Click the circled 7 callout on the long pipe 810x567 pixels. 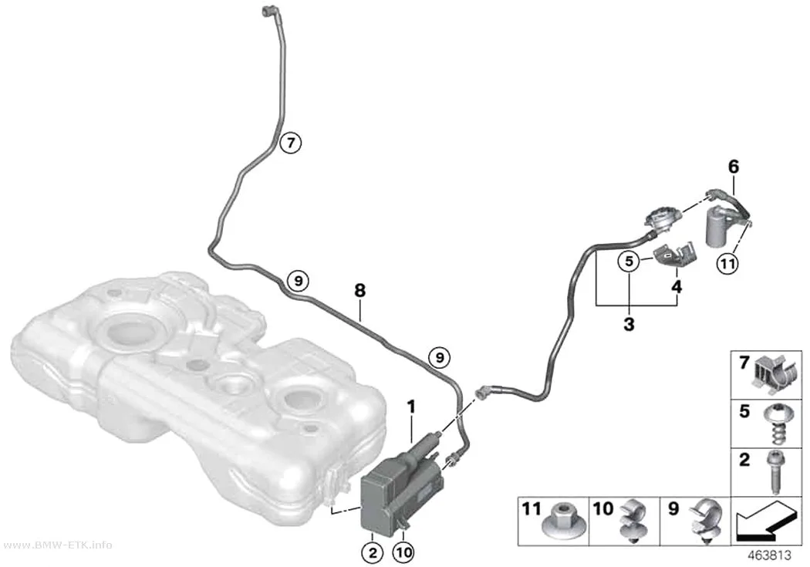pyautogui.click(x=290, y=142)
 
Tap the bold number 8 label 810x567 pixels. pyautogui.click(x=360, y=291)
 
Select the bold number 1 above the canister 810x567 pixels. pyautogui.click(x=411, y=407)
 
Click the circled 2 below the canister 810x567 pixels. pyautogui.click(x=373, y=552)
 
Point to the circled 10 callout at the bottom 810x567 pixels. pyautogui.click(x=403, y=552)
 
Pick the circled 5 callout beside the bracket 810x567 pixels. pyautogui.click(x=629, y=262)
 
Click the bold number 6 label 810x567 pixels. pyautogui.click(x=734, y=167)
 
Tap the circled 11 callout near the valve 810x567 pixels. pyautogui.click(x=727, y=264)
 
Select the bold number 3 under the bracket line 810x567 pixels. pyautogui.click(x=629, y=325)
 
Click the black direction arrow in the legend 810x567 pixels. pyautogui.click(x=765, y=522)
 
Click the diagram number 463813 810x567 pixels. pyautogui.click(x=770, y=555)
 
